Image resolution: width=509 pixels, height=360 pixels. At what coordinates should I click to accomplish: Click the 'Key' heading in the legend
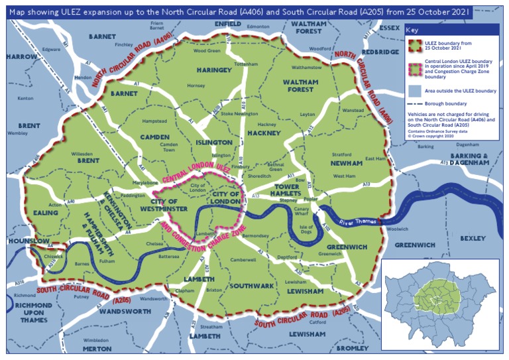(413, 30)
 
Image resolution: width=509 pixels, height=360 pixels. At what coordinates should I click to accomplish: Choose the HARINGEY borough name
(213, 70)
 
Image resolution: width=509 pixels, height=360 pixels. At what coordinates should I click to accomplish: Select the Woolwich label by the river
(397, 229)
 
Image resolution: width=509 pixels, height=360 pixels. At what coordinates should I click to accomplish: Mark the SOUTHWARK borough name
(251, 286)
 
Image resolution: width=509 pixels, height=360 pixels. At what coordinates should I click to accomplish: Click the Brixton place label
(214, 290)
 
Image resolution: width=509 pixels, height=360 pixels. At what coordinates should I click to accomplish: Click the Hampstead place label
(154, 121)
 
